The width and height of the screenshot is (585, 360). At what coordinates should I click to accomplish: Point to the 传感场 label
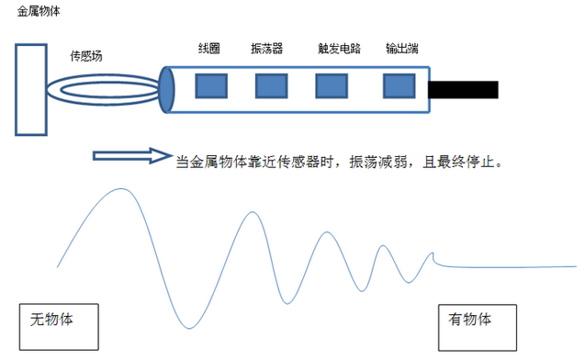[x=86, y=56]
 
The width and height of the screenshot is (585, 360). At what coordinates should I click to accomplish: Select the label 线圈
[x=208, y=48]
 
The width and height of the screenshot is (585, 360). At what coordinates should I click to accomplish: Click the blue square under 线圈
[x=210, y=85]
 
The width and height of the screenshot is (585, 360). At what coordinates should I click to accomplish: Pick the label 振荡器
[x=267, y=48]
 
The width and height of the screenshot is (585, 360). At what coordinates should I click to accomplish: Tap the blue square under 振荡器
[x=270, y=85]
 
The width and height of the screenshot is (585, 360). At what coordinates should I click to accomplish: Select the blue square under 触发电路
[x=331, y=85]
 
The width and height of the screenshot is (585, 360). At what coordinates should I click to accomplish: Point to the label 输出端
[x=402, y=48]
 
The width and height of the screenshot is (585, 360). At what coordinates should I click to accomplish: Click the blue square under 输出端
[x=399, y=85]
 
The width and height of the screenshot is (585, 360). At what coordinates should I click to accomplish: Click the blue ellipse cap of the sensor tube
[x=167, y=89]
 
